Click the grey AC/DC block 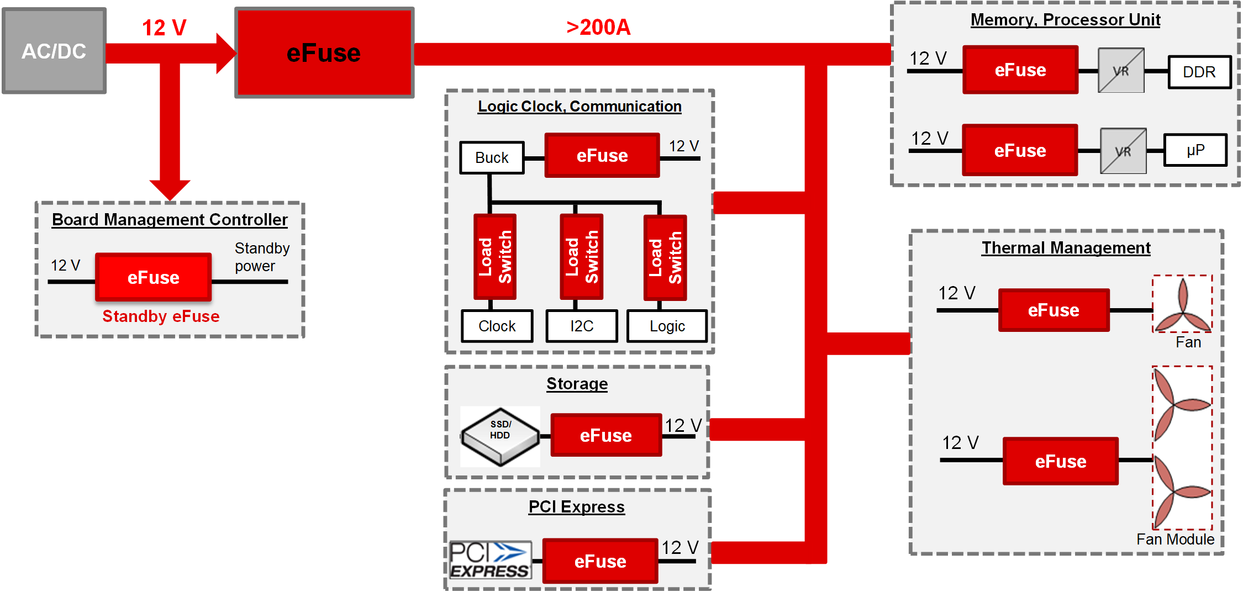(x=54, y=51)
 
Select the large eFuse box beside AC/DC (x=324, y=53)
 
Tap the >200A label (x=598, y=27)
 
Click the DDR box (x=1199, y=72)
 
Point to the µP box (x=1195, y=150)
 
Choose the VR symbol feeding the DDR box (x=1120, y=71)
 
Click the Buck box (x=492, y=158)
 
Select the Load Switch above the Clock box (x=495, y=257)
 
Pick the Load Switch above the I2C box (x=581, y=257)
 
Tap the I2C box (x=581, y=326)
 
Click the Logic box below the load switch (x=667, y=326)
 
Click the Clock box (x=497, y=326)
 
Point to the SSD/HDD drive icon (x=500, y=436)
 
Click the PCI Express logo (x=490, y=560)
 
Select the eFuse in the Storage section (x=606, y=435)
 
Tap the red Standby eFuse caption (x=161, y=316)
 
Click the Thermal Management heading (x=1066, y=248)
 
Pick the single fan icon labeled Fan (x=1182, y=305)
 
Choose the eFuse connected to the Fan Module (x=1060, y=461)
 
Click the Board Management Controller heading (x=170, y=220)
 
